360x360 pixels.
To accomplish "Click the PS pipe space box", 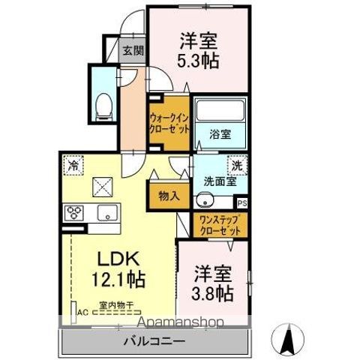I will coord(242,202).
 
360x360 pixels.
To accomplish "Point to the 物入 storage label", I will coord(169,196).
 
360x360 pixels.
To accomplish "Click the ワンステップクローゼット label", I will coord(216,223).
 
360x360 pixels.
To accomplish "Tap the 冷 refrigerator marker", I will coord(73,162).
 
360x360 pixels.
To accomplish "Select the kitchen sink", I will coord(107,212).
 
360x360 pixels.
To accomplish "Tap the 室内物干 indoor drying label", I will coord(116,305).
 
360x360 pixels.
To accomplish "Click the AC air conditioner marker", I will coord(81,316).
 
